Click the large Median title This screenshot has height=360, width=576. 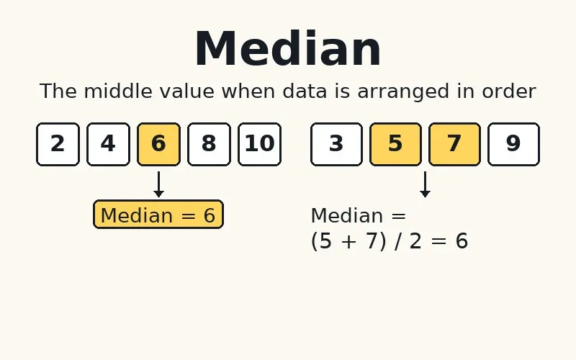[287, 49]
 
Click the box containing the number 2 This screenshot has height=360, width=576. [58, 144]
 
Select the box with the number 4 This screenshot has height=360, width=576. [108, 144]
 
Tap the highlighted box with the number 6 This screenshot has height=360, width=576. [158, 144]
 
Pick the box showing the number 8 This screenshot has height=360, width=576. [209, 144]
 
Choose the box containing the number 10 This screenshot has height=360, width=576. [259, 144]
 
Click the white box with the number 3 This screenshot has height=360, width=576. [336, 144]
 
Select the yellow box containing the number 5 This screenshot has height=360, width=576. [395, 144]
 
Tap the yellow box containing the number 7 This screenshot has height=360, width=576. [454, 144]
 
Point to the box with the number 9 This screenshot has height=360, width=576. [513, 144]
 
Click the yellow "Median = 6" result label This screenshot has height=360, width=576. [158, 215]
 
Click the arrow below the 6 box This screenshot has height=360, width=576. [158, 184]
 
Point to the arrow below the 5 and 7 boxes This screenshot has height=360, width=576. [425, 184]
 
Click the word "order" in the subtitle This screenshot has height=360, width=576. [511, 91]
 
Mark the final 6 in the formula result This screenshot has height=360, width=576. [462, 241]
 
